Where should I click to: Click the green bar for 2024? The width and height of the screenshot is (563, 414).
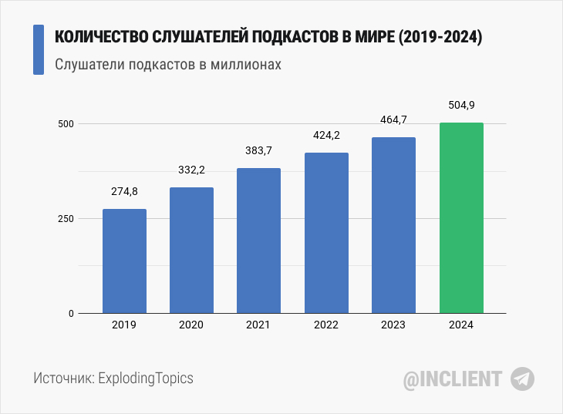click(x=461, y=218)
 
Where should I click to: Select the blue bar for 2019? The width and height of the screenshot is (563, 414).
click(x=124, y=261)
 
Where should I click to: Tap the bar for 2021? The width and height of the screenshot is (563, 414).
click(x=258, y=241)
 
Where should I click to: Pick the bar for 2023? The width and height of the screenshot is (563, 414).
click(x=393, y=225)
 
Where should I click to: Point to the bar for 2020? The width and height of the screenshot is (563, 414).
click(x=191, y=251)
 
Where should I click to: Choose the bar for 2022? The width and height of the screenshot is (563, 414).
click(x=326, y=233)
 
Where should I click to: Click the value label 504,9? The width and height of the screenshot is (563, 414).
click(x=461, y=105)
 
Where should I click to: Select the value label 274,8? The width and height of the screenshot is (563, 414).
click(x=124, y=192)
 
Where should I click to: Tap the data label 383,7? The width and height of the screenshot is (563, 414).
click(x=258, y=150)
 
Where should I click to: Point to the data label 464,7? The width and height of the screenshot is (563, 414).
click(x=393, y=119)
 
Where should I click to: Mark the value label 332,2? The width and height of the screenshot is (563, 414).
click(x=191, y=170)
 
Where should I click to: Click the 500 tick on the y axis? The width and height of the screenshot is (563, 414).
click(x=65, y=124)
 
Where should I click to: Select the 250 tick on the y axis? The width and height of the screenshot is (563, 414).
click(x=65, y=219)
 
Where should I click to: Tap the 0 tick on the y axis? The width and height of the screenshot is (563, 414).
click(x=70, y=314)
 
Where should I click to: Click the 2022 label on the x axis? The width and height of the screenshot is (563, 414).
click(x=326, y=325)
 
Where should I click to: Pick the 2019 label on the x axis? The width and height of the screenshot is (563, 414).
click(x=124, y=325)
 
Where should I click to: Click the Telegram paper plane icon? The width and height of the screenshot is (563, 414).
click(x=522, y=379)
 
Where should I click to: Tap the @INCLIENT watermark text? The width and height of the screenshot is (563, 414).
click(x=453, y=379)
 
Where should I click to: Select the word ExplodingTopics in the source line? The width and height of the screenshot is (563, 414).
click(x=146, y=379)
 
